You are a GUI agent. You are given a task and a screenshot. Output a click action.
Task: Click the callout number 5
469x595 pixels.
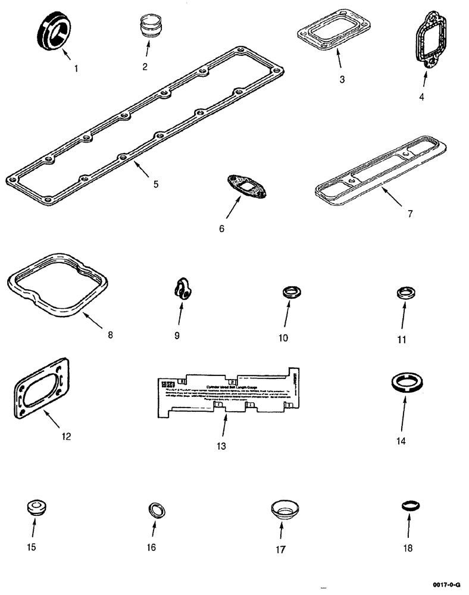[x=155, y=184]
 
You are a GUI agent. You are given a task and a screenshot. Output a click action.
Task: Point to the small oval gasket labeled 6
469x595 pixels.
[x=246, y=186]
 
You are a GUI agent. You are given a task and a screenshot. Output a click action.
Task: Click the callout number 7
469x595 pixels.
[x=409, y=214]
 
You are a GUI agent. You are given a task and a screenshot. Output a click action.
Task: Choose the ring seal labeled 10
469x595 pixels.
[x=289, y=293]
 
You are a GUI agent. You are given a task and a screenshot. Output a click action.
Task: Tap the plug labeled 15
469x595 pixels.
[x=36, y=508]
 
